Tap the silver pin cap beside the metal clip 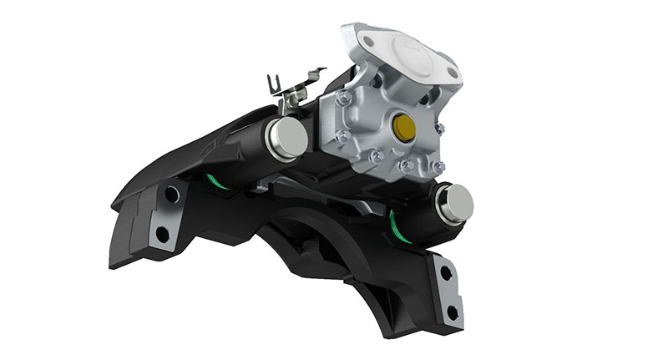tap(288, 138)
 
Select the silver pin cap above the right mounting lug tap(455, 203)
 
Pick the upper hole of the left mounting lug tap(171, 195)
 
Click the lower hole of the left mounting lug tap(162, 234)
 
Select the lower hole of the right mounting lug tap(452, 313)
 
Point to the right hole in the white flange tap(452, 73)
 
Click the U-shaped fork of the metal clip tap(275, 84)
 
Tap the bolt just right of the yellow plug tap(440, 129)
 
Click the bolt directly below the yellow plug tap(407, 166)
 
